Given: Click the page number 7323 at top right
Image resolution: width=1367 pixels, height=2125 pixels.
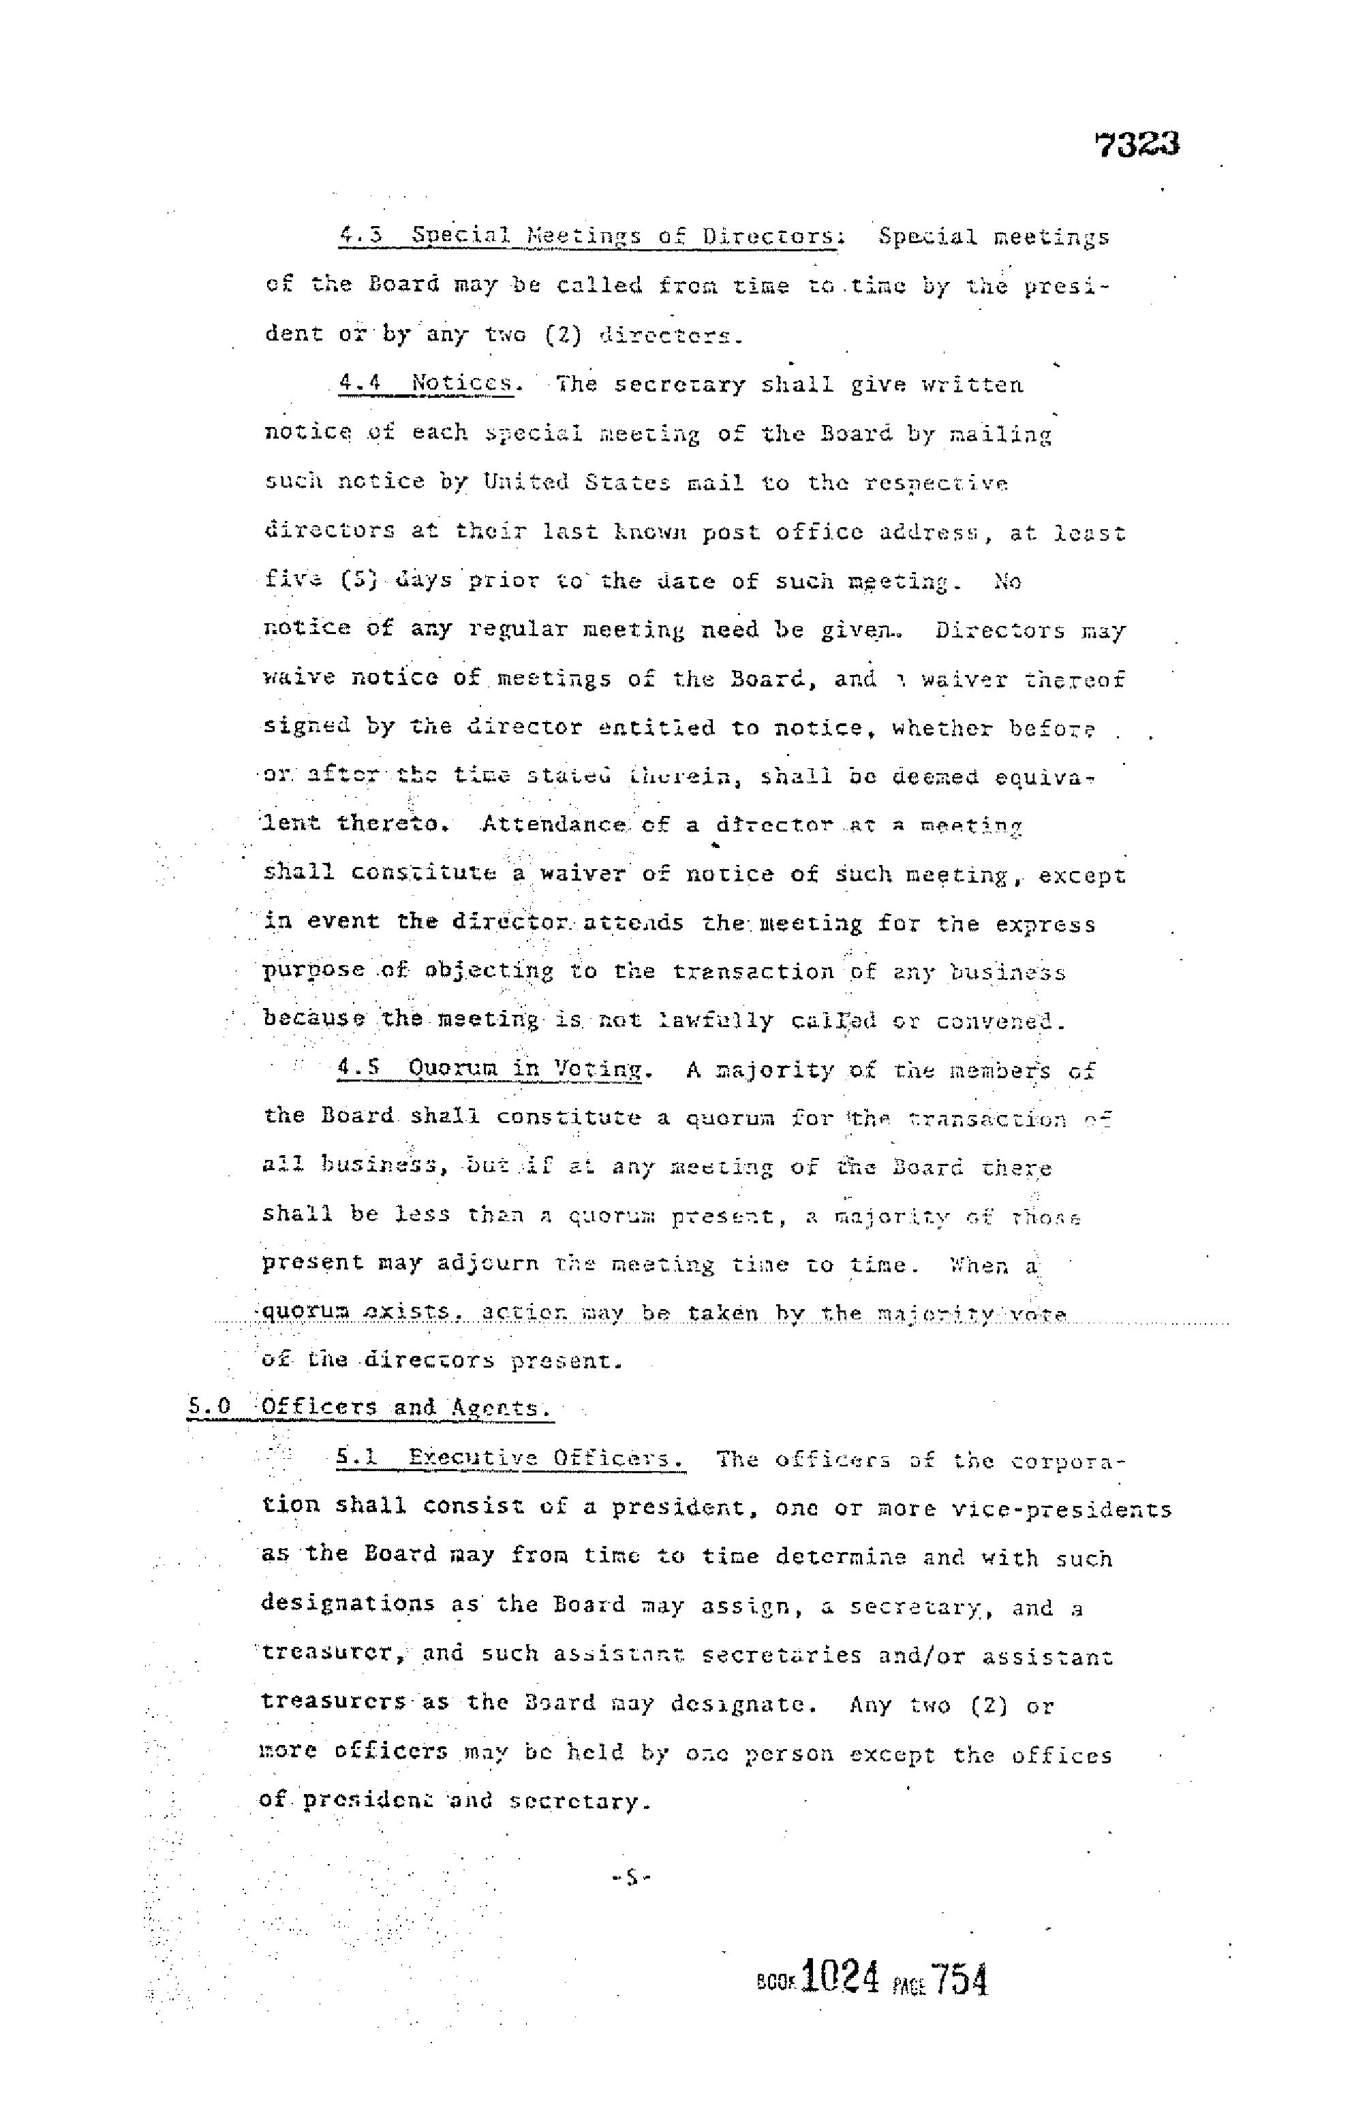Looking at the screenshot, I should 1137,144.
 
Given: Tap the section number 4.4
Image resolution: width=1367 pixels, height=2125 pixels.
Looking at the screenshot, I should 360,384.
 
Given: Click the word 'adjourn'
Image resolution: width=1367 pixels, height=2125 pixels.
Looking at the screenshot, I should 487,1263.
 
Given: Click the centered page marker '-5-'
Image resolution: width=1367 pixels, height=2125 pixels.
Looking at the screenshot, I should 631,1878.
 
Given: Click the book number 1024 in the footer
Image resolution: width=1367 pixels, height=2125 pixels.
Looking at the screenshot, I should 839,1979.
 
